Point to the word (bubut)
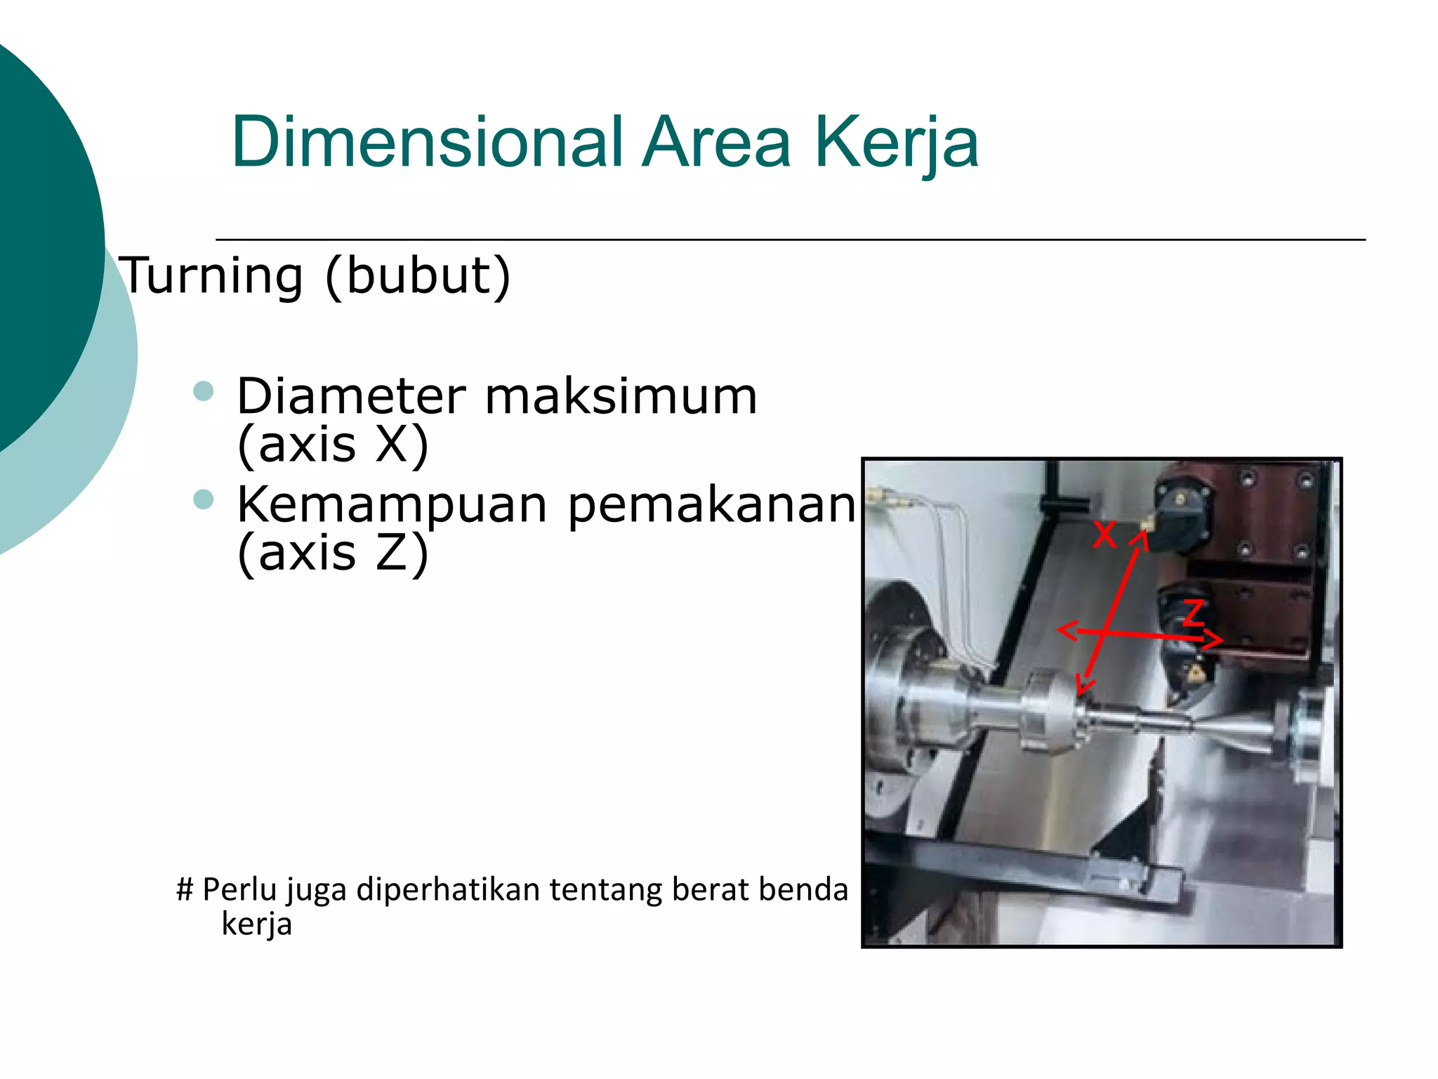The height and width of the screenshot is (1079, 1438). (x=418, y=275)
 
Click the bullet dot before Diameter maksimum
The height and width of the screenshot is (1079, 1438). (x=203, y=391)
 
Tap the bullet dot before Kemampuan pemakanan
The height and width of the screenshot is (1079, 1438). (x=203, y=499)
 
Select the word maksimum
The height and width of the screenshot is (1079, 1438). (x=621, y=397)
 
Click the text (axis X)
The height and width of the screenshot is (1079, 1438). (x=332, y=444)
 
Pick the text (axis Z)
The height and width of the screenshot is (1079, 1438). (x=332, y=553)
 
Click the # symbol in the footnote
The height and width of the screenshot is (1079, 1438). (x=185, y=889)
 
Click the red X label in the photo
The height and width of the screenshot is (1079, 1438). (x=1104, y=534)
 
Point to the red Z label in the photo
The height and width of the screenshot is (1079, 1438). (x=1193, y=613)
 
